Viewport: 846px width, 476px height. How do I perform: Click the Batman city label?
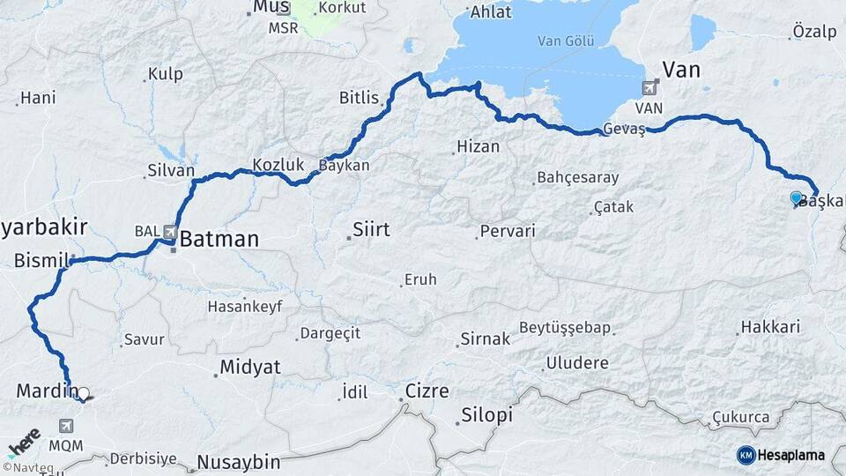point(220,239)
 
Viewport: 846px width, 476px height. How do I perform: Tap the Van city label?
point(680,70)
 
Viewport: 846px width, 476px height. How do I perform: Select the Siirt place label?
point(371,231)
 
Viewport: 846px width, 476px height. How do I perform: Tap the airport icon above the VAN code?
point(650,87)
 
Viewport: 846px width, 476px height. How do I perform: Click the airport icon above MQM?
point(67,426)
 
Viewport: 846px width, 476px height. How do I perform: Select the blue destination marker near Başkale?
point(796,198)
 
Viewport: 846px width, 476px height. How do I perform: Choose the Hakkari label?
point(770,327)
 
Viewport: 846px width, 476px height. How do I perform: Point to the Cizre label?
point(427,390)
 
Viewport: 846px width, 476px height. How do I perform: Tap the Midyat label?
point(249,367)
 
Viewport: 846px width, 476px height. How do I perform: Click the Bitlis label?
point(358,98)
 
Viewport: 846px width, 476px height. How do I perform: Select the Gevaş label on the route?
point(625,130)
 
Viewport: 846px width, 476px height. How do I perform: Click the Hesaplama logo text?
point(790,455)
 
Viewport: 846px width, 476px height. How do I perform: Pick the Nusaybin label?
point(238,461)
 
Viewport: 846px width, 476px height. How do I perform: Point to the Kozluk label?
point(278,164)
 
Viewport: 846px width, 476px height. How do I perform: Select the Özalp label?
point(814,31)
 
